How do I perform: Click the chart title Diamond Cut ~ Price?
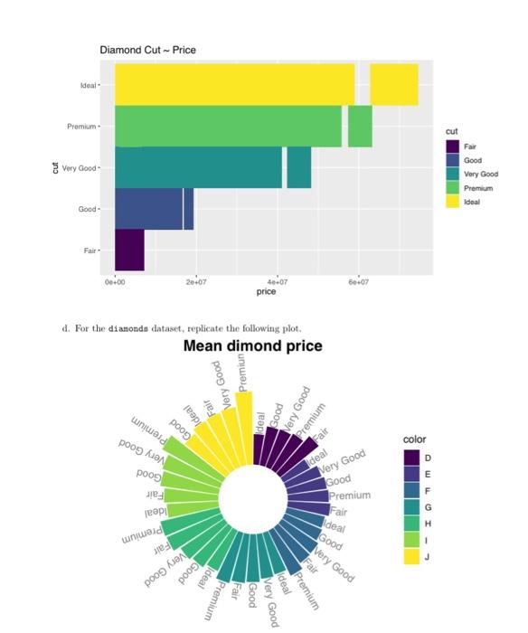(x=147, y=49)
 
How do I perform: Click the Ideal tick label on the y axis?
(x=88, y=85)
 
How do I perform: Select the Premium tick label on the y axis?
(x=82, y=127)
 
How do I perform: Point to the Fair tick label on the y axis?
(x=90, y=250)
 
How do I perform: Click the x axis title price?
(x=266, y=292)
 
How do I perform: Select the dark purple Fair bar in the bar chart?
(x=129, y=250)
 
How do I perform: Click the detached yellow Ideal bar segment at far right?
(x=394, y=84)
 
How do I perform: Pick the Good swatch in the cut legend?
(x=452, y=159)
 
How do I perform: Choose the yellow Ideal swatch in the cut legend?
(x=452, y=202)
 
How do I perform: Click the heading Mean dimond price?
(x=252, y=347)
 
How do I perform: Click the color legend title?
(x=414, y=439)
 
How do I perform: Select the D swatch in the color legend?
(x=411, y=458)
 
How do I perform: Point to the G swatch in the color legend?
(x=411, y=508)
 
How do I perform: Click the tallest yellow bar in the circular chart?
(x=244, y=415)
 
